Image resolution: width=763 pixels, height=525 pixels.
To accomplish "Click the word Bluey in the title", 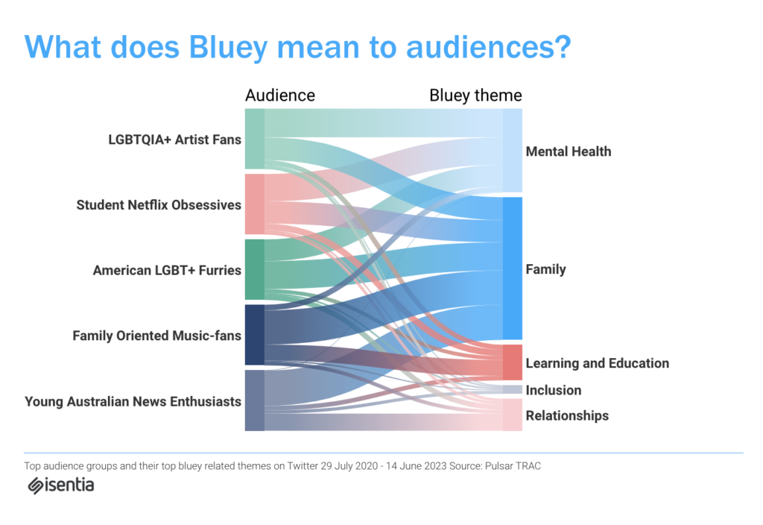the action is click(x=228, y=48).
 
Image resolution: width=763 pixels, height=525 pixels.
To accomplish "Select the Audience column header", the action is click(x=280, y=95).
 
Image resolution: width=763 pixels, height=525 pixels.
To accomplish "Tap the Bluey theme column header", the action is click(x=475, y=95).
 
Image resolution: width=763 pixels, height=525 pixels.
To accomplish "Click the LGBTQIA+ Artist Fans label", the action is click(x=174, y=139).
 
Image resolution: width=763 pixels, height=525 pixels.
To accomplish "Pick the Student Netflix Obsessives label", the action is click(x=159, y=205).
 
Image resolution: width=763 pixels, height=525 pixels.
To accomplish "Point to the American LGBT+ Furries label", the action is click(x=167, y=270).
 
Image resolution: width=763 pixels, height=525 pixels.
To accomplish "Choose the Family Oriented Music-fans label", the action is click(x=156, y=336).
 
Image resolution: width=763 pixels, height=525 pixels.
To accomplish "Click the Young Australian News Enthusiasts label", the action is click(x=133, y=401).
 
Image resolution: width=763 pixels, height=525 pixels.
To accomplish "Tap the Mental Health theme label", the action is click(x=569, y=151).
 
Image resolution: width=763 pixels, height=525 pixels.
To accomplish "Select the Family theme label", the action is click(x=545, y=269).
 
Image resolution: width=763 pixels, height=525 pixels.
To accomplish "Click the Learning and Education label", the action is click(x=597, y=363).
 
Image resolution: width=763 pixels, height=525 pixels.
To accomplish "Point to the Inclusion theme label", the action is click(x=554, y=390).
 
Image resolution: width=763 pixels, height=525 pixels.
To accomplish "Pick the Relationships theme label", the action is click(x=567, y=415).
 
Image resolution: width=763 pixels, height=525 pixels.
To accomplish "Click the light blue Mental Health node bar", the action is click(x=513, y=151).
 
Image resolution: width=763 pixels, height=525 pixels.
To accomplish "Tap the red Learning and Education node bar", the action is click(x=513, y=362).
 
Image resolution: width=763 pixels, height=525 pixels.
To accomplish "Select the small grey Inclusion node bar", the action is click(x=513, y=389).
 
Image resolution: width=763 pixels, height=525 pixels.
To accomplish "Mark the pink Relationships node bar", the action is click(x=513, y=415).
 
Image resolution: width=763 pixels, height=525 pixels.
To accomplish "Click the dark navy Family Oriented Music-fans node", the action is click(x=255, y=335).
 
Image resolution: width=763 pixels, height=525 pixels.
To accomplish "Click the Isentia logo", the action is click(x=61, y=485).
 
